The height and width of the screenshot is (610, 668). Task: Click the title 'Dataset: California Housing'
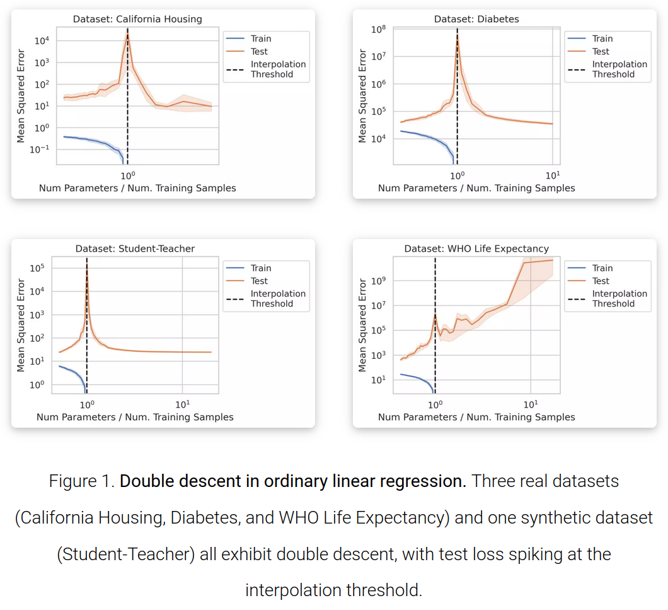pos(137,19)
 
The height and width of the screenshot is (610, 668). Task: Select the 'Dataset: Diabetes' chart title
pos(476,19)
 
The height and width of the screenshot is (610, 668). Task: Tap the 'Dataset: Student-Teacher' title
pos(135,249)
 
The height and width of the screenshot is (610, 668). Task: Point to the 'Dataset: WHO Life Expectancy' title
pos(476,249)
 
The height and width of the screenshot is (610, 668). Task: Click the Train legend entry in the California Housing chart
pos(260,38)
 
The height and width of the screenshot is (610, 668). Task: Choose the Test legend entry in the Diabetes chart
pos(601,51)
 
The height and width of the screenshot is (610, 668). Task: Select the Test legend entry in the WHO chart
pos(601,281)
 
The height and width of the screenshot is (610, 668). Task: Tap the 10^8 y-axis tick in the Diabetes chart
pos(378,30)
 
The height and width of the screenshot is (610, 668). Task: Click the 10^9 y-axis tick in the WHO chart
pos(378,281)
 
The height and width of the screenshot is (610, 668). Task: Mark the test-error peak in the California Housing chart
pos(127,34)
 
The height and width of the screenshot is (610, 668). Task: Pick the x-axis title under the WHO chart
pos(476,417)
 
